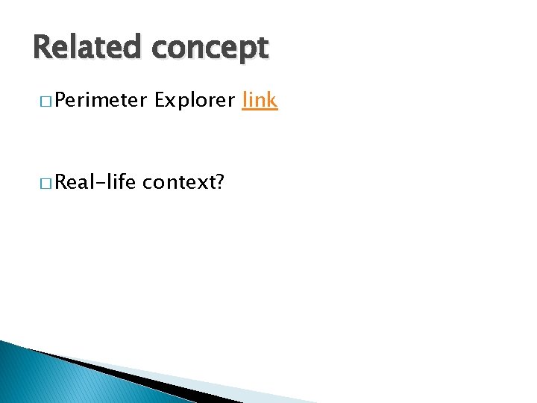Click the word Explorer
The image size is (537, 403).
tap(195, 100)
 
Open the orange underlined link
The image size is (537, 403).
tap(260, 99)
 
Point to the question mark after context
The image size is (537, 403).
tap(219, 181)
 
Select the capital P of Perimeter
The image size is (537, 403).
tap(60, 100)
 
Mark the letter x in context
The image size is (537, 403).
tap(199, 183)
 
